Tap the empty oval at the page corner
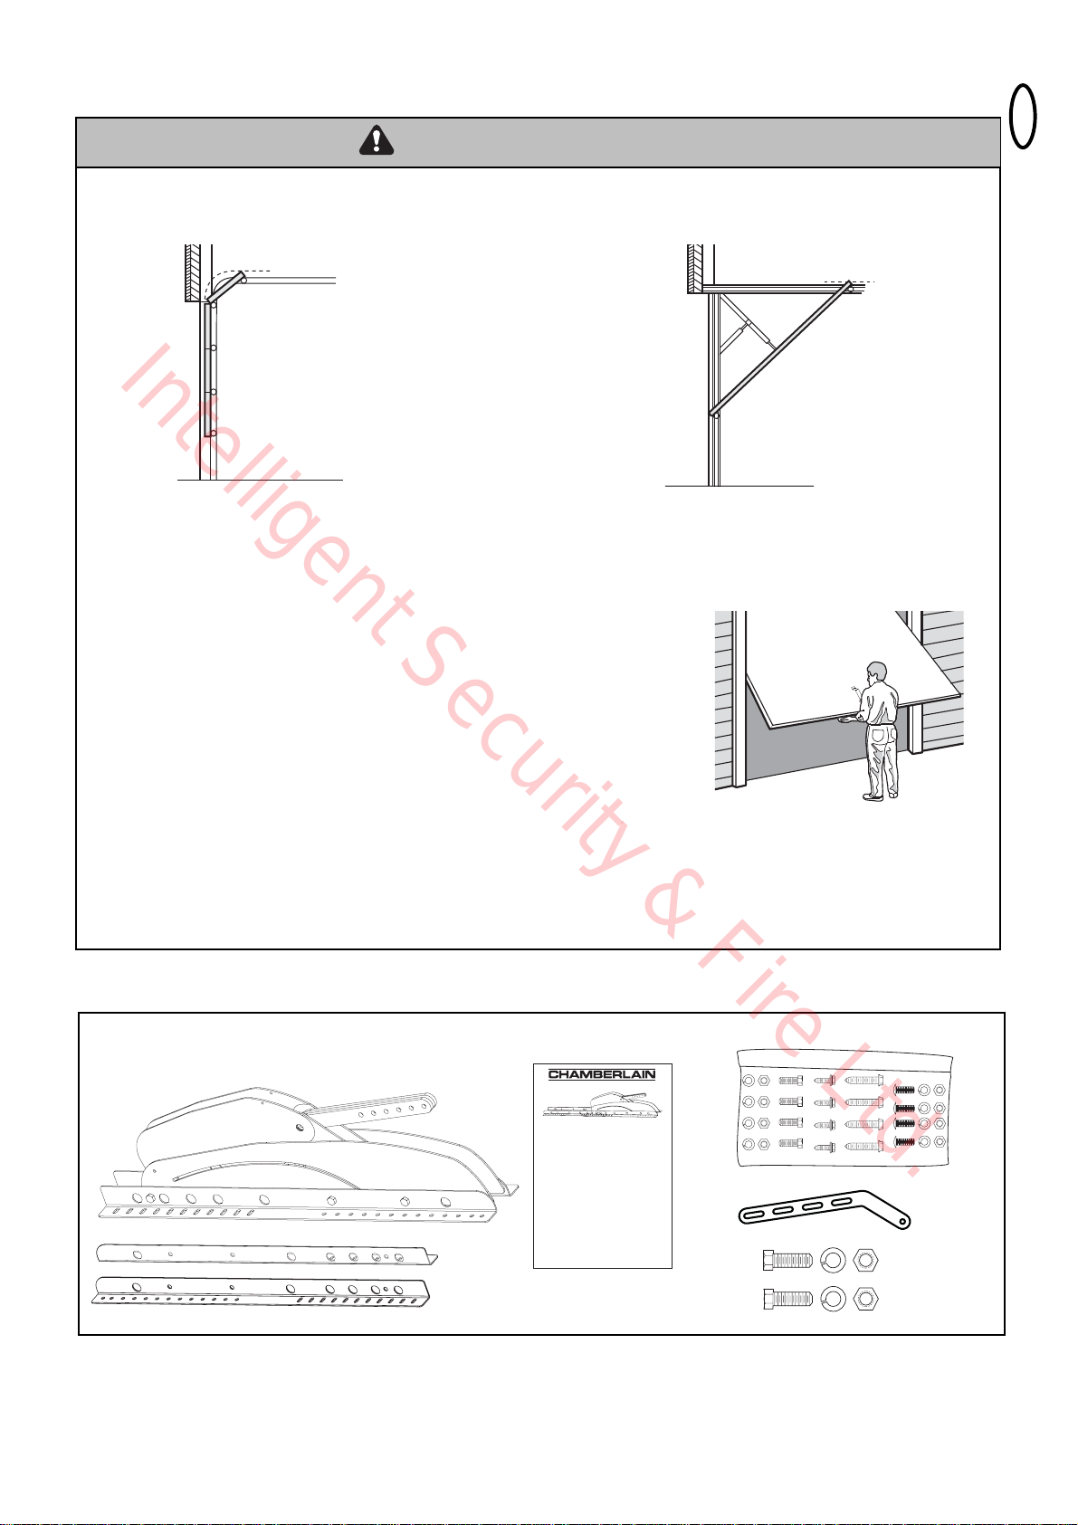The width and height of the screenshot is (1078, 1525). (1022, 116)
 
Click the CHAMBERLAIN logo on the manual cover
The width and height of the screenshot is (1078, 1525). (602, 1074)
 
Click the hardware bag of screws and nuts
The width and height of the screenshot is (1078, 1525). (844, 1108)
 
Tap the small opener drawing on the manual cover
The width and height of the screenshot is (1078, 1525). (602, 1104)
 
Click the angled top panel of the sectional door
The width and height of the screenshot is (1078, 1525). (227, 287)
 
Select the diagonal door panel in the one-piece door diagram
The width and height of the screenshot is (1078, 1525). (781, 348)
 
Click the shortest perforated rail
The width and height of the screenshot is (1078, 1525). (267, 1254)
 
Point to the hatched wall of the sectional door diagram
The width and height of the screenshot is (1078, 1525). (193, 272)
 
